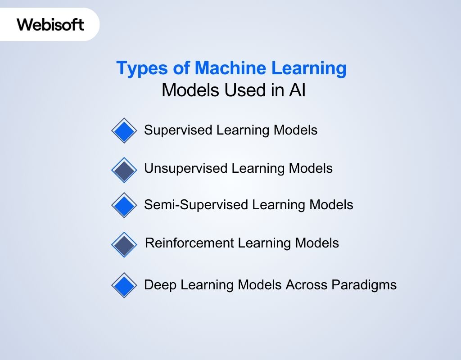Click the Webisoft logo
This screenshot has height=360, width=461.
pyautogui.click(x=50, y=24)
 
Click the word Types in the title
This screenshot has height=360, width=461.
pyautogui.click(x=138, y=68)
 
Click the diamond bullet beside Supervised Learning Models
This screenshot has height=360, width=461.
pyautogui.click(x=124, y=130)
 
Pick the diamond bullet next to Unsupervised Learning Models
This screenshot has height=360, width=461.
pyautogui.click(x=124, y=170)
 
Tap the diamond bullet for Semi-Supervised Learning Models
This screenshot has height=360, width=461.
pyautogui.click(x=124, y=205)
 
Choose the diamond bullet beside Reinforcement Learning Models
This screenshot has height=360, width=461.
pyautogui.click(x=124, y=244)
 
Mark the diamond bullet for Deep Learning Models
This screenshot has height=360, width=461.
pyautogui.click(x=124, y=285)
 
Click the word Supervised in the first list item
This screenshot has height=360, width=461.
pyautogui.click(x=178, y=130)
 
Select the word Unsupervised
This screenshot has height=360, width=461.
pyautogui.click(x=185, y=169)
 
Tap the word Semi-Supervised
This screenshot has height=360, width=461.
pyautogui.click(x=196, y=205)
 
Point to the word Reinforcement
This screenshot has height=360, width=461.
pyautogui.click(x=190, y=243)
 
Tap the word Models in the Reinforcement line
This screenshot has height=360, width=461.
pyautogui.click(x=317, y=243)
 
